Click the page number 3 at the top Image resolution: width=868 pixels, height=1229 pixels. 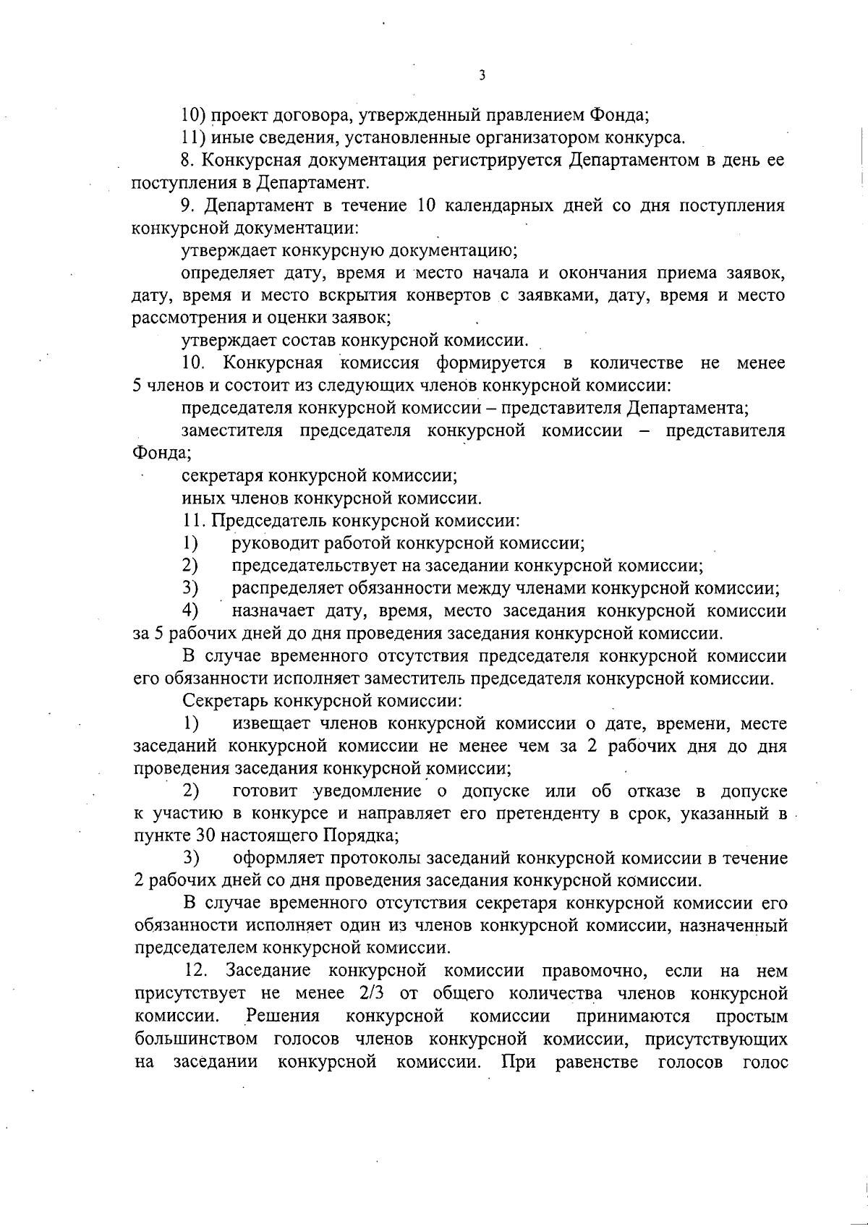tap(481, 75)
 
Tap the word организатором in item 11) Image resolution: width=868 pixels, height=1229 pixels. tap(528, 137)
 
